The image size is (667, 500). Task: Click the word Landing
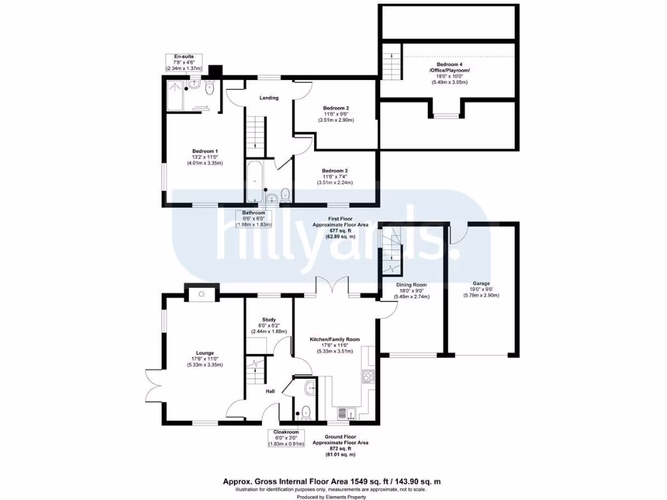pos(269,98)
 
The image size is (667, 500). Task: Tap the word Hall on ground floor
pos(271,391)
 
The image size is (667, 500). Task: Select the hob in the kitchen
pos(367,377)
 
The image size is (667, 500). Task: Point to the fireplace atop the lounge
pos(200,294)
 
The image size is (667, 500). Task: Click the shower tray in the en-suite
pos(175,95)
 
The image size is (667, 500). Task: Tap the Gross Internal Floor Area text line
pos(332,482)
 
